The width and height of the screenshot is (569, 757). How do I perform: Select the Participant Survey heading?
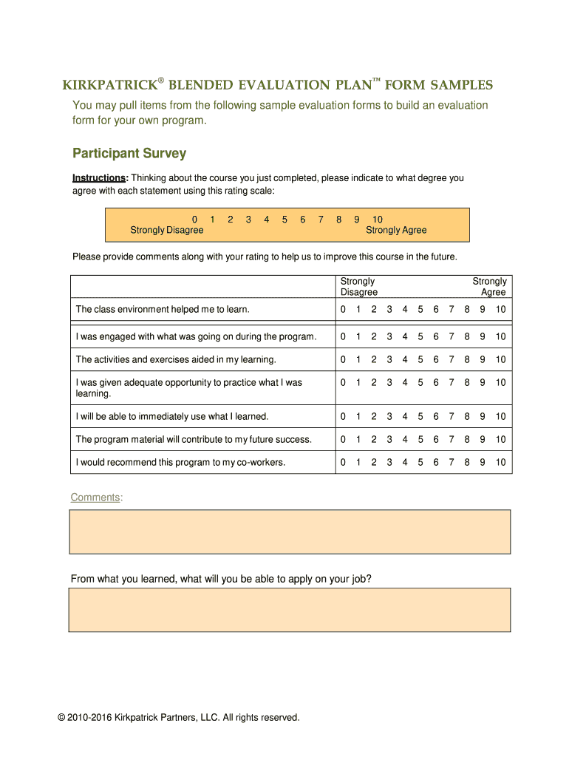pyautogui.click(x=129, y=154)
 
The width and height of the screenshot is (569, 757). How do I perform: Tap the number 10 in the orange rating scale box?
pyautogui.click(x=378, y=220)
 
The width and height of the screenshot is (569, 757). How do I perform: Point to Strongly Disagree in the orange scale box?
pyautogui.click(x=167, y=231)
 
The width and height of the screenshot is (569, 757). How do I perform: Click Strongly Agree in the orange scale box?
pyautogui.click(x=396, y=231)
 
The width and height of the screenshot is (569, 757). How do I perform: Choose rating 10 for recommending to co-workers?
pyautogui.click(x=500, y=463)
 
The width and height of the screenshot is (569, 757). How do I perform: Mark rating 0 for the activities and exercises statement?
pyautogui.click(x=343, y=359)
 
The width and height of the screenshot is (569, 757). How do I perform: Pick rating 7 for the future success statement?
pyautogui.click(x=452, y=439)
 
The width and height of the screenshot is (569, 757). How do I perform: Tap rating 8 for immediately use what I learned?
pyautogui.click(x=467, y=416)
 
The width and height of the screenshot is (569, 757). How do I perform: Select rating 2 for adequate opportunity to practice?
pyautogui.click(x=374, y=382)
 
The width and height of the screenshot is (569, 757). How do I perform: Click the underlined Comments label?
pyautogui.click(x=95, y=498)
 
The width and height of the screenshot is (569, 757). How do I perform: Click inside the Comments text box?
pyautogui.click(x=290, y=531)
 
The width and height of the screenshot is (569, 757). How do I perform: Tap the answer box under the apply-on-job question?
pyautogui.click(x=290, y=610)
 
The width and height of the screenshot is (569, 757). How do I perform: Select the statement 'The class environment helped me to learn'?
pyautogui.click(x=163, y=309)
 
